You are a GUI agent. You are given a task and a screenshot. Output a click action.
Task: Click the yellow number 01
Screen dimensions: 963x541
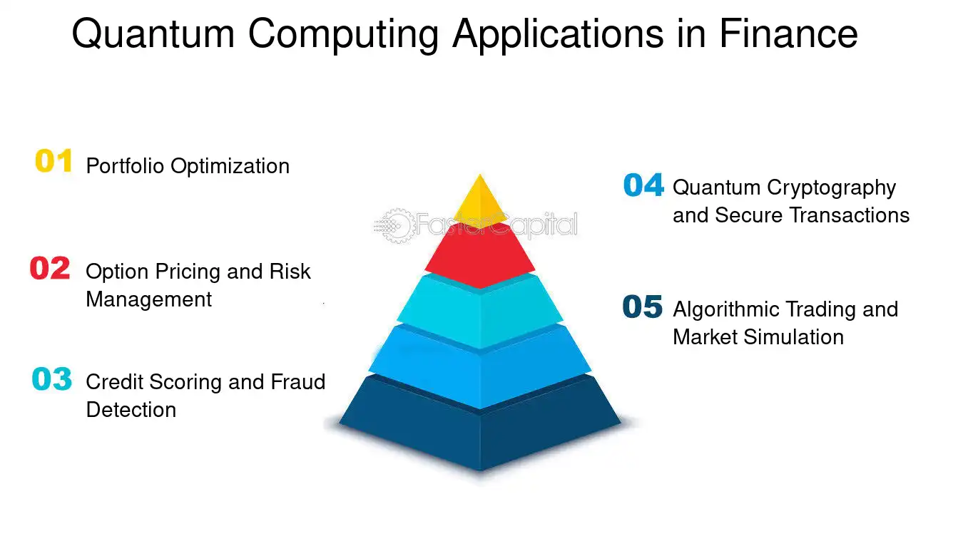click(x=53, y=160)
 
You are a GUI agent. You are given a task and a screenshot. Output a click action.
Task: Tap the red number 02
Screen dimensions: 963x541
click(x=50, y=268)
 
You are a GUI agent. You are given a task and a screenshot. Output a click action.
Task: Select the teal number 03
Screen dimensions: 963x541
click(x=52, y=378)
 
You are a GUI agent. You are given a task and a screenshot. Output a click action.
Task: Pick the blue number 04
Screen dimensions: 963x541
click(x=643, y=185)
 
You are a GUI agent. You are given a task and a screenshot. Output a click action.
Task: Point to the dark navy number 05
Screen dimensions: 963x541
click(x=643, y=306)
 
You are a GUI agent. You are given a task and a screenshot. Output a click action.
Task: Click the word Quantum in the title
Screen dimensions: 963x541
click(x=153, y=35)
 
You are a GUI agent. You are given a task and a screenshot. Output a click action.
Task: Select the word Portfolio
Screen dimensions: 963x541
click(x=125, y=166)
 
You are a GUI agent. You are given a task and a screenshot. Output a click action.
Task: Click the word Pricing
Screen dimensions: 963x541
click(x=188, y=272)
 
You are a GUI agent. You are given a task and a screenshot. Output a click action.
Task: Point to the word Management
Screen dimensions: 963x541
click(x=149, y=299)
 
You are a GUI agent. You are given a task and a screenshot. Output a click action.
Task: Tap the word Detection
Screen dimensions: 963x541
click(x=131, y=410)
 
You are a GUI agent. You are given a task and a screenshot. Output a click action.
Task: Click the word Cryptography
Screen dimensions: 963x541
click(x=832, y=188)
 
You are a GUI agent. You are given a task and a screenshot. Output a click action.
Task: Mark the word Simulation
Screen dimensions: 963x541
click(x=794, y=337)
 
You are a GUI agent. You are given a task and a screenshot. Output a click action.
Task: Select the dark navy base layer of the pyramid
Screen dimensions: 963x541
click(x=480, y=426)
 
